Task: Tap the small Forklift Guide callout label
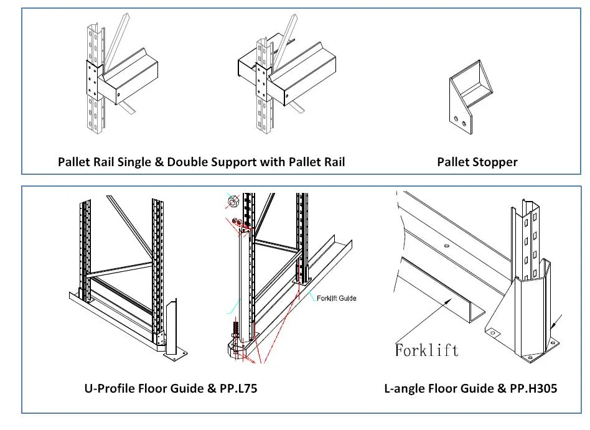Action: [336, 298]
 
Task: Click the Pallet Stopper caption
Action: [477, 162]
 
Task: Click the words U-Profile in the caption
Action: [108, 388]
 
